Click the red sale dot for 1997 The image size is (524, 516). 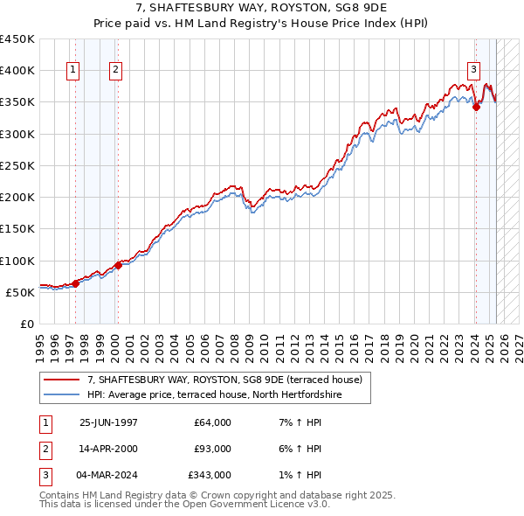point(76,283)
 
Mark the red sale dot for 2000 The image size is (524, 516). point(118,265)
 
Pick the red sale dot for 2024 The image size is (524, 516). point(476,107)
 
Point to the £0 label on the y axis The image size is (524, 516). point(27,324)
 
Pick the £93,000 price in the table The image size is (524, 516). point(212,449)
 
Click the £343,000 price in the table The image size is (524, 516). point(210,475)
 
